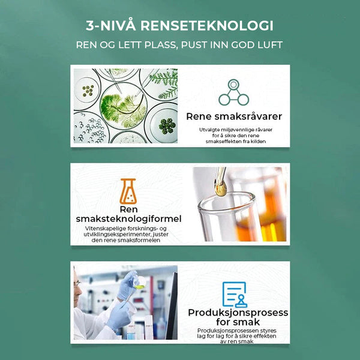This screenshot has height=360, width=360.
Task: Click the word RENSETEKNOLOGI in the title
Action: (x=207, y=25)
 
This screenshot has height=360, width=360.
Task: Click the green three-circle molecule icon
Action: (x=233, y=92)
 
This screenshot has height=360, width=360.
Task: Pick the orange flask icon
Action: (x=128, y=191)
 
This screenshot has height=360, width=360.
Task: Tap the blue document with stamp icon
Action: (x=235, y=295)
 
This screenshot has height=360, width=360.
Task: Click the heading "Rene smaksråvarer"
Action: (x=234, y=116)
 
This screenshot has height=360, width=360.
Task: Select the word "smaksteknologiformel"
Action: (x=128, y=219)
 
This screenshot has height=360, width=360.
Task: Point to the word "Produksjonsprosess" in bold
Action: (x=238, y=313)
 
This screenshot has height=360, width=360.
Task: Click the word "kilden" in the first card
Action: (x=258, y=142)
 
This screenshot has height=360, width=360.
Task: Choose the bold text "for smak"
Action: (x=238, y=322)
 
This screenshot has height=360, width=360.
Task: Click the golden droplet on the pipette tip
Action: (x=221, y=190)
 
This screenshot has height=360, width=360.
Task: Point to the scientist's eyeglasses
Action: (x=77, y=284)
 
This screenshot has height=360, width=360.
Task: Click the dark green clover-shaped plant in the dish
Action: (x=167, y=126)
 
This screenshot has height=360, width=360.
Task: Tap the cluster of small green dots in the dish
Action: (x=88, y=91)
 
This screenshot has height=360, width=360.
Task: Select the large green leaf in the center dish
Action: (x=123, y=110)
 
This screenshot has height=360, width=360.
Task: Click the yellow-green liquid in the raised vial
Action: (x=140, y=287)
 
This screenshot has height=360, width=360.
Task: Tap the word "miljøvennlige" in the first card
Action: (x=233, y=130)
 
